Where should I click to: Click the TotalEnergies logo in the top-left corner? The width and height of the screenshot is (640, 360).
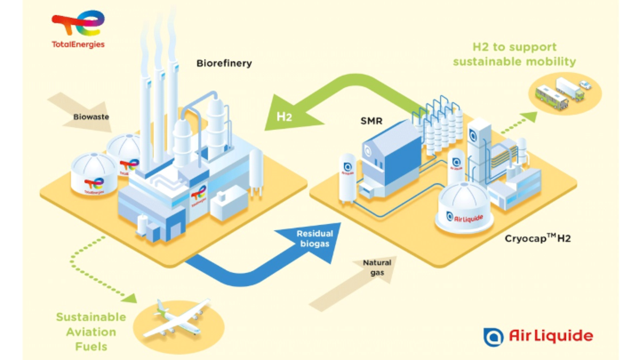click(78, 29)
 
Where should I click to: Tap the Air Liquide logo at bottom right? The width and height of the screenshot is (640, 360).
click(537, 335)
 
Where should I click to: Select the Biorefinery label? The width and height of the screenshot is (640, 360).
click(224, 64)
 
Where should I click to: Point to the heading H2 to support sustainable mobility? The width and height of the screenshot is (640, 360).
click(514, 55)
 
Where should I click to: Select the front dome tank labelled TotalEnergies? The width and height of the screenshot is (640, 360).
click(94, 177)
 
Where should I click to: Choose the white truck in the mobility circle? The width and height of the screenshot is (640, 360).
click(569, 88)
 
